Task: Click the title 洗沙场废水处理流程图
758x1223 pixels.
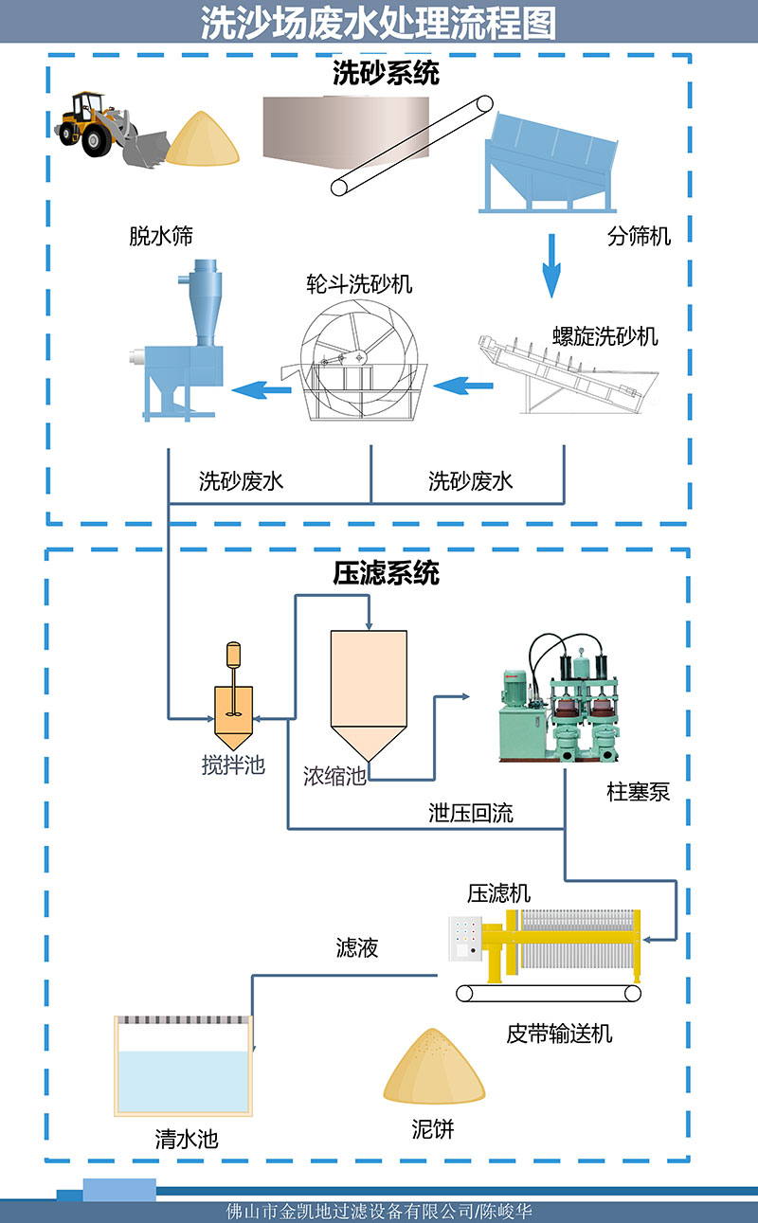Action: [379, 23]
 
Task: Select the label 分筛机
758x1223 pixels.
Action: [639, 236]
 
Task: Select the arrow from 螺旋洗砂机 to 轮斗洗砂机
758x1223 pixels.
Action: [464, 385]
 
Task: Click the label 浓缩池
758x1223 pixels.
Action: [334, 778]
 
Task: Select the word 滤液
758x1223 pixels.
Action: [357, 947]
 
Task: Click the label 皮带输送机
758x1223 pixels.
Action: [559, 1034]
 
